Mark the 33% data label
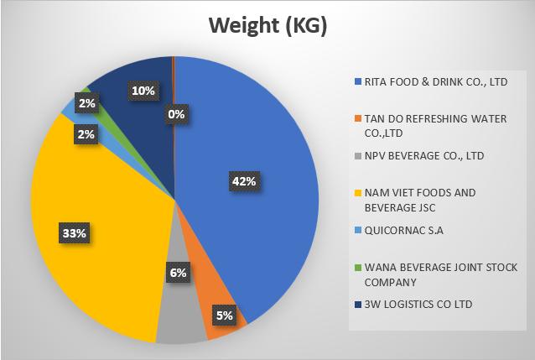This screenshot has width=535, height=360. tap(73, 233)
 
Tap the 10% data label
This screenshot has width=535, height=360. tap(142, 89)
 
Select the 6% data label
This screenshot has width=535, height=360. tap(178, 273)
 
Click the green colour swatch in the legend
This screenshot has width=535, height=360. tap(357, 268)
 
